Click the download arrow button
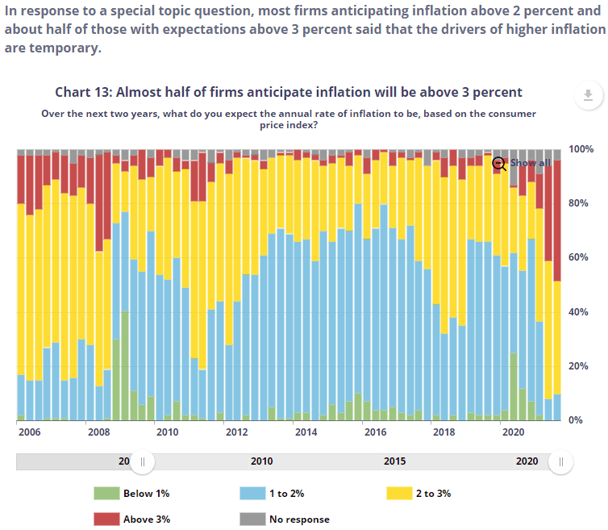coord(588,95)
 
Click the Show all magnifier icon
coord(499,163)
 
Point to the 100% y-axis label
coord(581,149)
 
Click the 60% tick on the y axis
coord(577,257)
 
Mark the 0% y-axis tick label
coord(575,419)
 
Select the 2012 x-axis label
coord(236,432)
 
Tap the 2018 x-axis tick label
coord(444,432)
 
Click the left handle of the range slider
coord(143,461)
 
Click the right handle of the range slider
coord(560,461)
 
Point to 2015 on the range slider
coord(394,461)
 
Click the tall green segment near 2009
coord(125,363)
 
